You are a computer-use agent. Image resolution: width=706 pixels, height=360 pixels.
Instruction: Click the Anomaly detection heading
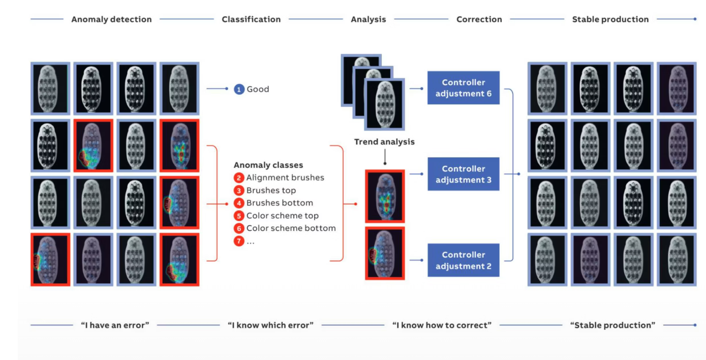[x=111, y=19]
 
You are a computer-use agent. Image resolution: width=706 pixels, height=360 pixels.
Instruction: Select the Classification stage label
[x=251, y=19]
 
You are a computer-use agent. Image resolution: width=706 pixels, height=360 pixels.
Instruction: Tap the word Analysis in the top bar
[x=369, y=19]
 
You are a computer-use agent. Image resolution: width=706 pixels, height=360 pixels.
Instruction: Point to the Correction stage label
[x=479, y=19]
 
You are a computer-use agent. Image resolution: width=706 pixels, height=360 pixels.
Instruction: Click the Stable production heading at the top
[x=610, y=19]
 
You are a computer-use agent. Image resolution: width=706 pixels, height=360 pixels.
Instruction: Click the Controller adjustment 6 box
[x=463, y=88]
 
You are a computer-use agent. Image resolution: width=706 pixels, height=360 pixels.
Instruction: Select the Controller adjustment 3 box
[x=463, y=174]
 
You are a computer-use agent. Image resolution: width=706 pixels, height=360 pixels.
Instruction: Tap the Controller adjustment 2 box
[x=463, y=260]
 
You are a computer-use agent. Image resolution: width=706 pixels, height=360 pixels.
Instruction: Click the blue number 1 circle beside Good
[x=239, y=89]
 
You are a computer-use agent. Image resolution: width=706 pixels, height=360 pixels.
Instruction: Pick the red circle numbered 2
[x=239, y=178]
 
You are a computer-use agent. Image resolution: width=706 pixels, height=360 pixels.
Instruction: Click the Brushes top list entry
[x=271, y=190]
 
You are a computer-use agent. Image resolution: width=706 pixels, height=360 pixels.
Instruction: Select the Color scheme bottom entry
[x=291, y=228]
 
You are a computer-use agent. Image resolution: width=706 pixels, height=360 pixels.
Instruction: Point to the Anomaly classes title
[x=268, y=165]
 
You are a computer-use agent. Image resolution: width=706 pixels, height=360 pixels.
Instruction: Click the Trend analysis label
[x=384, y=142]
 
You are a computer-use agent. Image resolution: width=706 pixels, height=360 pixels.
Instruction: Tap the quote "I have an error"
[x=115, y=325]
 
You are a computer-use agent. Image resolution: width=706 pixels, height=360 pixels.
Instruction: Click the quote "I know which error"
[x=270, y=325]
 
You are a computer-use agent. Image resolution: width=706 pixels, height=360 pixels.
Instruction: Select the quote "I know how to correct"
[x=442, y=325]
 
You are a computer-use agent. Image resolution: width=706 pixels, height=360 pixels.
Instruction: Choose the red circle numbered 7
[x=239, y=241]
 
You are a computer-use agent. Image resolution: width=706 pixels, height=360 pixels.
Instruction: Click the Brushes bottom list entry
[x=280, y=203]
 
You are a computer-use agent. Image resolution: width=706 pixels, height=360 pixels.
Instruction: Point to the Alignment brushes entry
[x=285, y=177]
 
